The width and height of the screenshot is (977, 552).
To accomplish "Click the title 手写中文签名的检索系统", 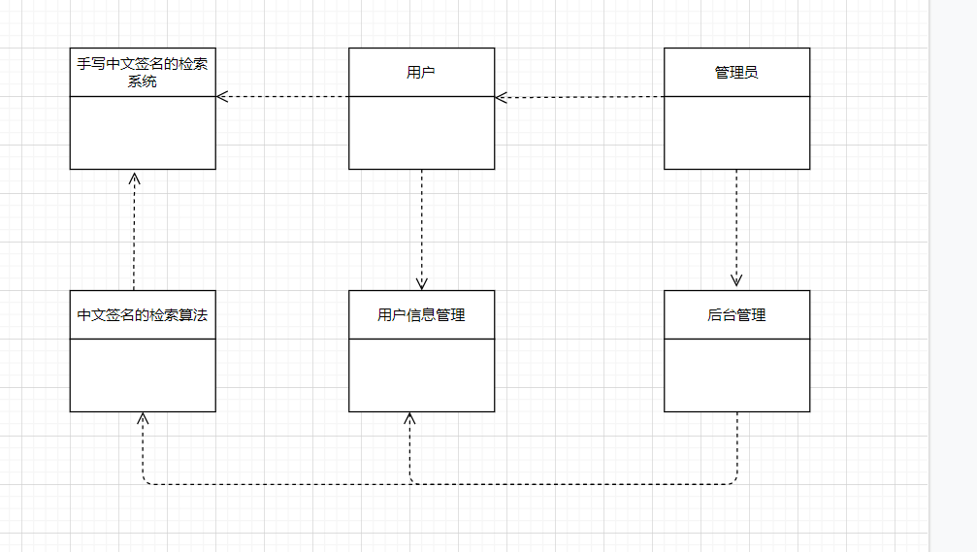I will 143,72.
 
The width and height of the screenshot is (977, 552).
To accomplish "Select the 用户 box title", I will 421,72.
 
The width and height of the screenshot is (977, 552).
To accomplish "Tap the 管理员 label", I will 736,72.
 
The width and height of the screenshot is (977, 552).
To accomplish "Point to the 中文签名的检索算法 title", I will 143,314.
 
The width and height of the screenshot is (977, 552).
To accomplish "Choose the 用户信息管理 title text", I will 421,314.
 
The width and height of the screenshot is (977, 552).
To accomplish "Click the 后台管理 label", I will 736,314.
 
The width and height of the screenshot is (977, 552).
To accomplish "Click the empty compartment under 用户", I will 421,133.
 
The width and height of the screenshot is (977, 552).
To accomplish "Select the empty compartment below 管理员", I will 736,133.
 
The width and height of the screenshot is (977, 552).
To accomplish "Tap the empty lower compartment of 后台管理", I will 736,375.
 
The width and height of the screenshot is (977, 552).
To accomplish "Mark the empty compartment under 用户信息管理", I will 421,375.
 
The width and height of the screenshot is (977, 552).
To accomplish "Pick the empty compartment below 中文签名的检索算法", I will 143,375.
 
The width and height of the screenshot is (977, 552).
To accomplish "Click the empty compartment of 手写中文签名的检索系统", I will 143,133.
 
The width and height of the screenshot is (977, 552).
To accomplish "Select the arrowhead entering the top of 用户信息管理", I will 421,283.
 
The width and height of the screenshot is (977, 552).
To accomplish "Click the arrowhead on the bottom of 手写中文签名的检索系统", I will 135,177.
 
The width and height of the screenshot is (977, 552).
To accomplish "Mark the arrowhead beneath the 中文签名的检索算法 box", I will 143,418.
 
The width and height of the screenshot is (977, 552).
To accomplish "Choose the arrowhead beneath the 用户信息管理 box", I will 409,418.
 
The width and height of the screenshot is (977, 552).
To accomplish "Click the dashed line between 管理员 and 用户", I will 582,97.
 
